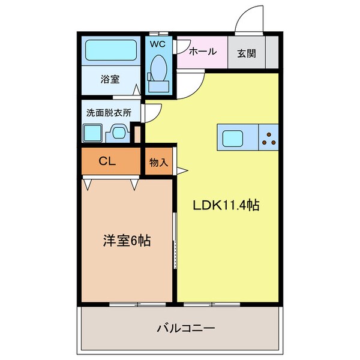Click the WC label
pyautogui.click(x=157, y=44)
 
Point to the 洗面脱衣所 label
pyautogui.click(x=109, y=112)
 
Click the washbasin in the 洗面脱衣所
pyautogui.click(x=118, y=133)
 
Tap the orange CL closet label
pyautogui.click(x=107, y=160)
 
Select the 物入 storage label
pyautogui.click(x=158, y=163)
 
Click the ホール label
pyautogui.click(x=202, y=52)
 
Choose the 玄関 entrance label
pyautogui.click(x=246, y=53)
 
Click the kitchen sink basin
pyautogui.click(x=235, y=139)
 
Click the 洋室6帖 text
pyautogui.click(x=125, y=242)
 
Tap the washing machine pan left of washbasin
pyautogui.click(x=94, y=132)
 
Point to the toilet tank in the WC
pyautogui.click(x=159, y=86)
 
